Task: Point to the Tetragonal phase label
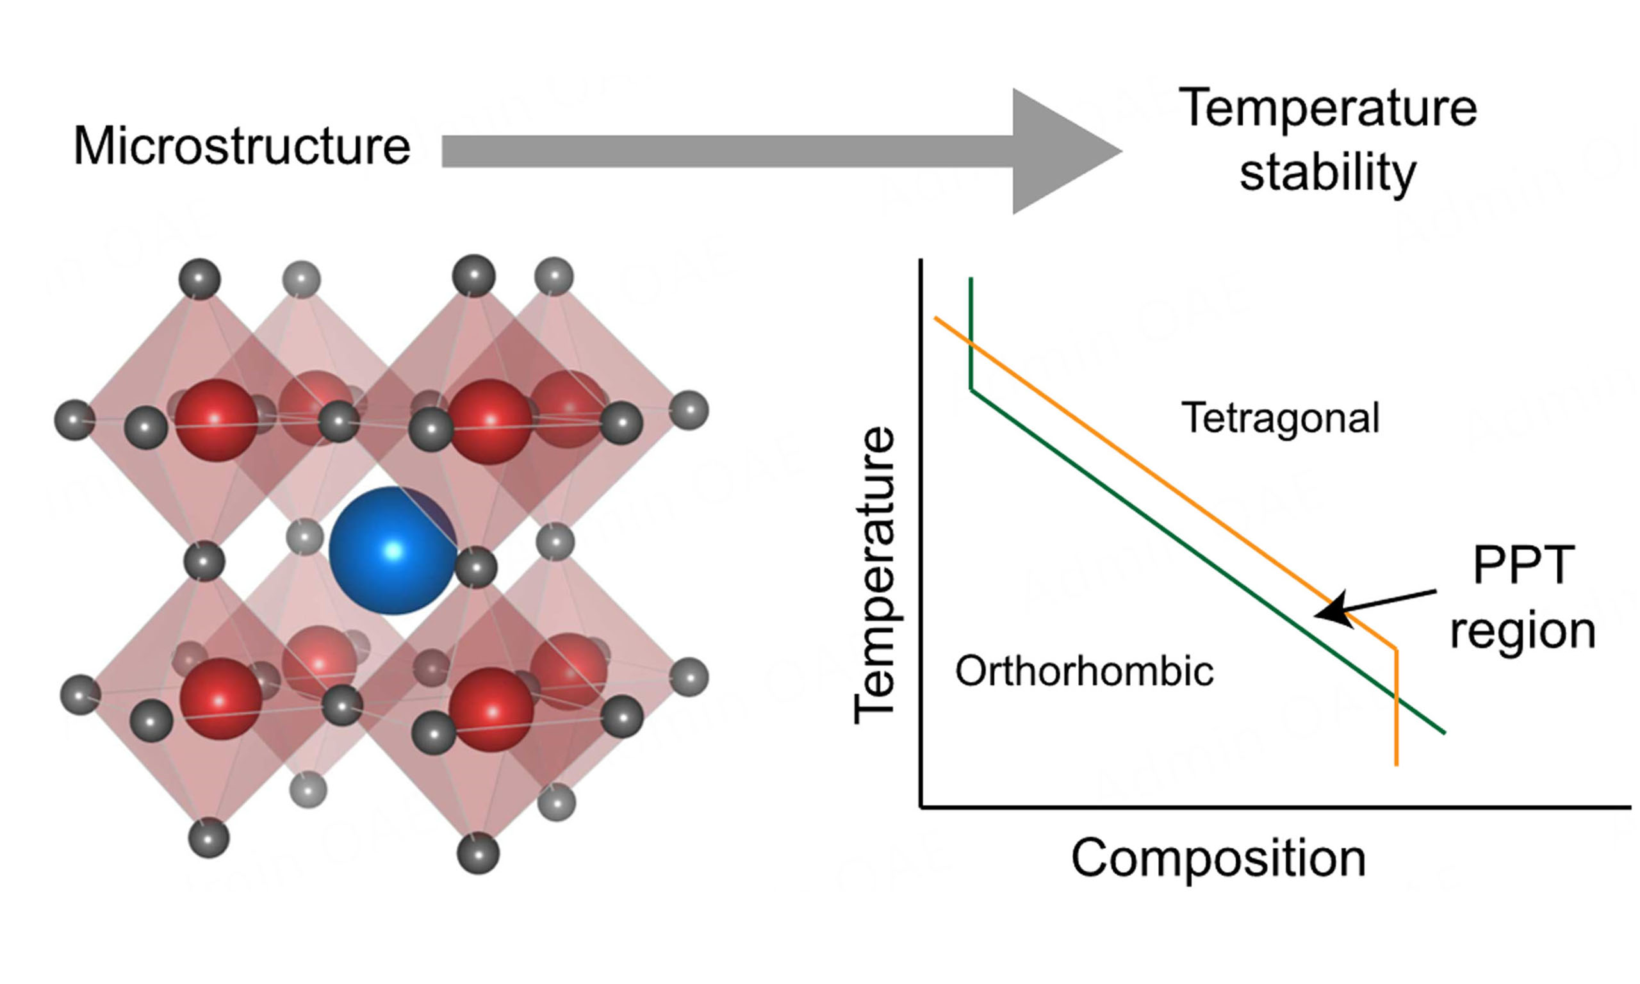pos(1280,418)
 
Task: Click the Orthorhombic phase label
pos(1085,671)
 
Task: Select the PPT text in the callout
pos(1523,566)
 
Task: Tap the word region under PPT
pos(1523,630)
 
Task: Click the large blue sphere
pos(393,550)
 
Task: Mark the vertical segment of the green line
pos(971,332)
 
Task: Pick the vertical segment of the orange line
pos(1397,709)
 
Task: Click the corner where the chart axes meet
pos(921,807)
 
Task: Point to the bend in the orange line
pos(1396,649)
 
